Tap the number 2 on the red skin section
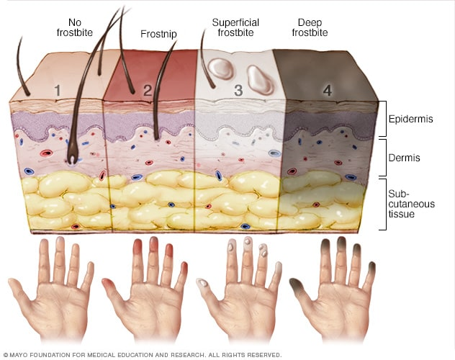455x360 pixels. point(148,91)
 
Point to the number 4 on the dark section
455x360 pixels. point(327,91)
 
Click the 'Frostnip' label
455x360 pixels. point(159,33)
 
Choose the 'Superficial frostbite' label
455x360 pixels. point(237,27)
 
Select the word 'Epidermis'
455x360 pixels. point(410,120)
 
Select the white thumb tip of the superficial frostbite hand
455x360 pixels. point(204,283)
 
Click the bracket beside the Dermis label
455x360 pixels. point(383,157)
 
